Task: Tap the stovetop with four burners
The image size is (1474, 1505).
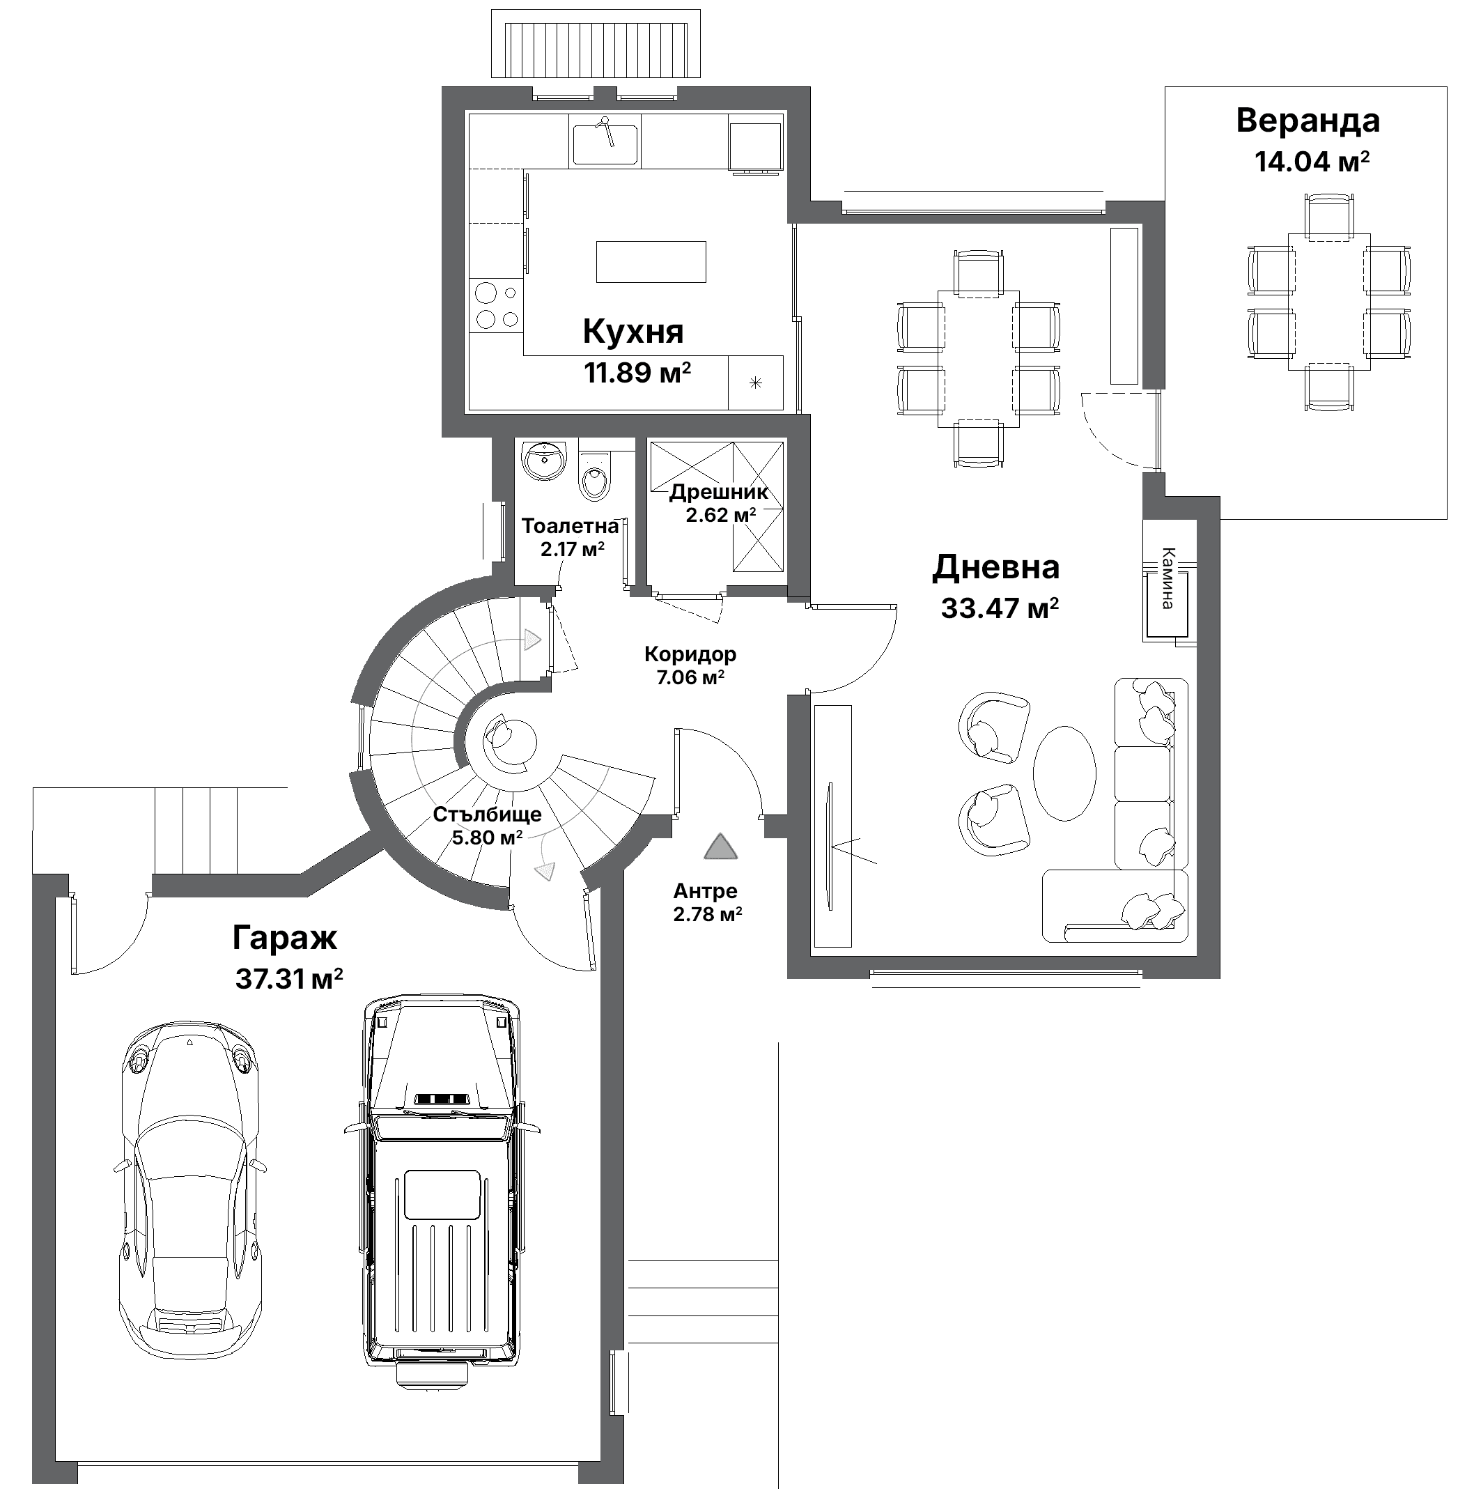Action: click(496, 307)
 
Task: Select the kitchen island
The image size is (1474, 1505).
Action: click(651, 262)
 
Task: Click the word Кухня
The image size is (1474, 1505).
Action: click(633, 332)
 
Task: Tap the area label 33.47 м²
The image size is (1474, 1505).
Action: click(1000, 608)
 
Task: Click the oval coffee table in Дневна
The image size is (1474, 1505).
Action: click(1064, 772)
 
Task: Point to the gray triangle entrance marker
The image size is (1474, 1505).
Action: click(720, 848)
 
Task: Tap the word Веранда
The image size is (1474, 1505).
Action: click(1308, 121)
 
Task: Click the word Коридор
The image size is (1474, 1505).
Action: click(690, 654)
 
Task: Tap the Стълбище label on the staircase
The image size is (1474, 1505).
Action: click(487, 815)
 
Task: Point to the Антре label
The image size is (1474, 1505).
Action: click(705, 891)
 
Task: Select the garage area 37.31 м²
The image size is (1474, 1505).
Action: click(289, 980)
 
